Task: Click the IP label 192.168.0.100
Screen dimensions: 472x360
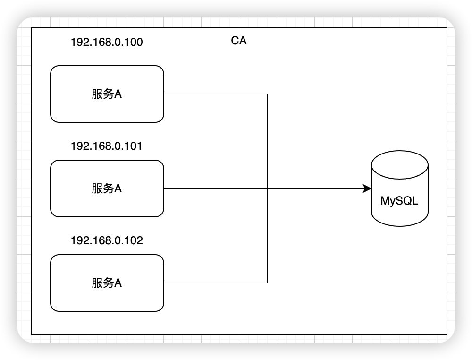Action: coord(107,42)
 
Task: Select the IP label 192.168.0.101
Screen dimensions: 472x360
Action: coord(106,146)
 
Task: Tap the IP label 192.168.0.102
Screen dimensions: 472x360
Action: coord(107,240)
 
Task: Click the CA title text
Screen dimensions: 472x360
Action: coord(239,41)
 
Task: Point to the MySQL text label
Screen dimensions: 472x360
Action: coord(399,201)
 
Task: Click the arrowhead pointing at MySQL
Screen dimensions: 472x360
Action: coord(367,189)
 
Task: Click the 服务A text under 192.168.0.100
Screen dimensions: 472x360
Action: coord(107,94)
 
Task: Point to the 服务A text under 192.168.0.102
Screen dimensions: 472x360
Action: coord(107,283)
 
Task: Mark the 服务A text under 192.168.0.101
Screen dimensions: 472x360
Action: coord(107,189)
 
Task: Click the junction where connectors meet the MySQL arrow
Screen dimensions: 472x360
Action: coord(268,189)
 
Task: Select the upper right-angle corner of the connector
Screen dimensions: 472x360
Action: coord(268,94)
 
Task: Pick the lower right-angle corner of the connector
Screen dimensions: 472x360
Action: coord(268,283)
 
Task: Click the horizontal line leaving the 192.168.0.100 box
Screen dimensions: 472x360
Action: coord(216,94)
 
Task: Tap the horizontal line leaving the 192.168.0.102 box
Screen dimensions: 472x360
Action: coord(216,283)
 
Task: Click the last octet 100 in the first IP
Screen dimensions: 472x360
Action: coord(134,42)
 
